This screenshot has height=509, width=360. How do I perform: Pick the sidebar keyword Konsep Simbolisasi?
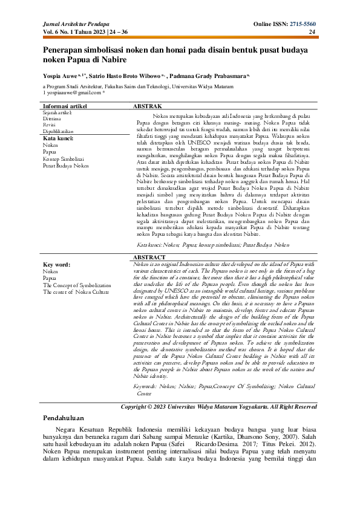pos(64,158)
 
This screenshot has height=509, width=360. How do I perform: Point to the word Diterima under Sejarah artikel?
pos(52,119)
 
